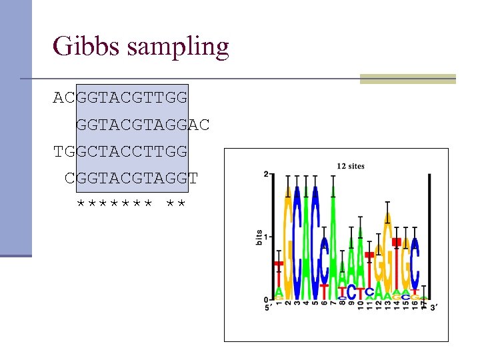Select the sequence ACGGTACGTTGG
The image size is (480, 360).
pos(121,98)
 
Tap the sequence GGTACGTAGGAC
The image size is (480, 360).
pos(143,125)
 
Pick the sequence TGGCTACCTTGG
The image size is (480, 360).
pos(121,151)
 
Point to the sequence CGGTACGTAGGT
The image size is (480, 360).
pos(131,178)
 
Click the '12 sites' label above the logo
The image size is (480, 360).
pos(350,166)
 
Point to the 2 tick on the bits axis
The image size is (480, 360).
pos(266,175)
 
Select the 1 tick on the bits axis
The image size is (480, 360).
pos(266,237)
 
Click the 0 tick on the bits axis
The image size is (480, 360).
pos(266,299)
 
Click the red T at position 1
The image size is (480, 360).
pos(279,273)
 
